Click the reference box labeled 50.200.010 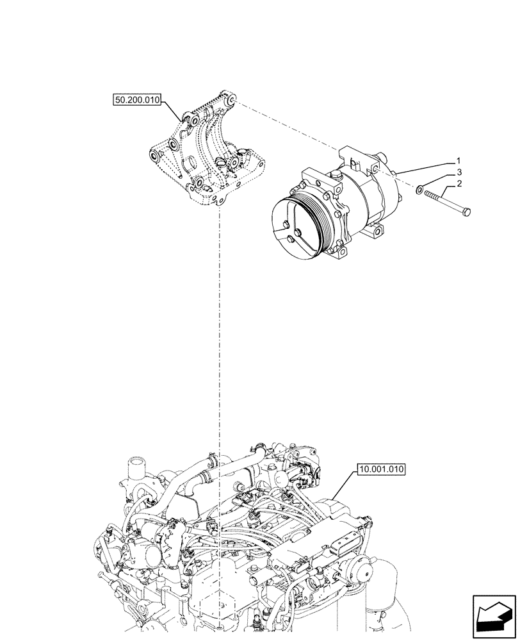[137, 99]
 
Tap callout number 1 [458, 159]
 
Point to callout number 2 [459, 185]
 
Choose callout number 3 [459, 172]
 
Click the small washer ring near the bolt [419, 190]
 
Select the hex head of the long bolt [467, 212]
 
